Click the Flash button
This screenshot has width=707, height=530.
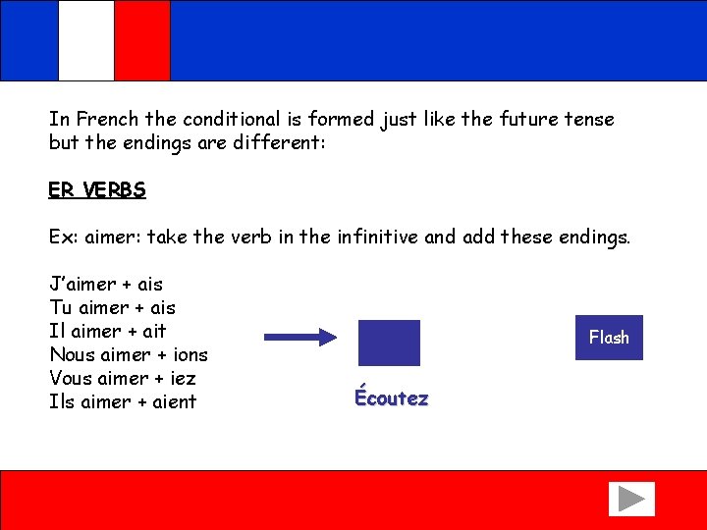tap(609, 338)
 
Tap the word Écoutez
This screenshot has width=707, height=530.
tap(391, 398)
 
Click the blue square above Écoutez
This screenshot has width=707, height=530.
tap(389, 343)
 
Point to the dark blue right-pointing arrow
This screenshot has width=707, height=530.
tap(301, 338)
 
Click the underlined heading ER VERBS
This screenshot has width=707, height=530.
tap(97, 190)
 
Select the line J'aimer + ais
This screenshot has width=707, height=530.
tap(106, 285)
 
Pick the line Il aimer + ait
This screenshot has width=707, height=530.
tap(108, 332)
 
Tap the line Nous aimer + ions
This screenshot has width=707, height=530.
tap(129, 354)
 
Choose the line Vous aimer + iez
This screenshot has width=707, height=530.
tap(123, 378)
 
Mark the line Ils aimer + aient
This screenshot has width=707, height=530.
tap(123, 401)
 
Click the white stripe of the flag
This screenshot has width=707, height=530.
tap(86, 40)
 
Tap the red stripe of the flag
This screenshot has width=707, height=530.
tap(142, 40)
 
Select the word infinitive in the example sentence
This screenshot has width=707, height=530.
tap(377, 238)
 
